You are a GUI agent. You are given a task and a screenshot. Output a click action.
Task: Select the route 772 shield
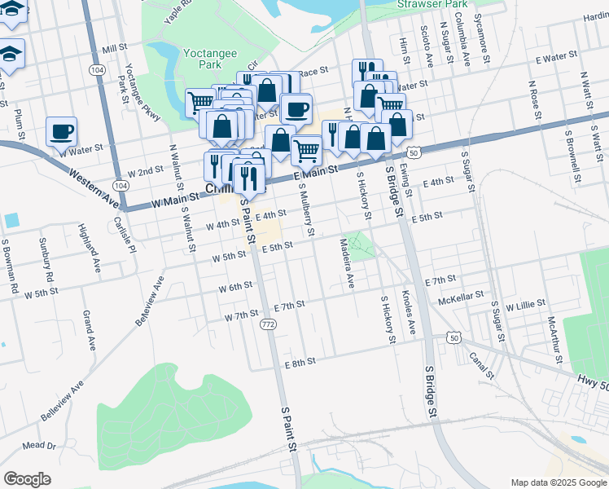[x=267, y=324]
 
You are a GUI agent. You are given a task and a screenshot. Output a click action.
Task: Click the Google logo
[x=27, y=479]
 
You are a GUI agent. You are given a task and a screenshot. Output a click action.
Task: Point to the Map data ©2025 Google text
[x=559, y=482]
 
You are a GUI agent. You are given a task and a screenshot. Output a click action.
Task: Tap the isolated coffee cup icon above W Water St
[x=62, y=131]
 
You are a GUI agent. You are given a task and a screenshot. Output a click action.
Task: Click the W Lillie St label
[x=524, y=305]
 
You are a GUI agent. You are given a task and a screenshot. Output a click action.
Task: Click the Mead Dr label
[x=39, y=446]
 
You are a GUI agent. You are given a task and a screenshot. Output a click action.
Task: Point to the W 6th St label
[x=235, y=288]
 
